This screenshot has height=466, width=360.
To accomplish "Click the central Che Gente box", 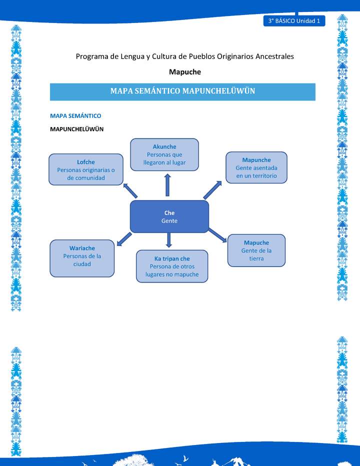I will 169,216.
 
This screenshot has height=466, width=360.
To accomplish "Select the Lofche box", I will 86,169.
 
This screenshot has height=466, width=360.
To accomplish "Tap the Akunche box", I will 164,154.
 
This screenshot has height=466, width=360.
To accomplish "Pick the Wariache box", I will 82,258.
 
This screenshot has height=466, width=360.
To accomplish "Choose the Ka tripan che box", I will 172,266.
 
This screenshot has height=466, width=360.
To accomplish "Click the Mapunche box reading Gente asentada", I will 256,167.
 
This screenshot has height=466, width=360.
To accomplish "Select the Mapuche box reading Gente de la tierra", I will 256,250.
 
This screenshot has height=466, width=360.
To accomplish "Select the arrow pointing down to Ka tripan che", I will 168,239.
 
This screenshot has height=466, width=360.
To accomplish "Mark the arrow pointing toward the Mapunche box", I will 212,190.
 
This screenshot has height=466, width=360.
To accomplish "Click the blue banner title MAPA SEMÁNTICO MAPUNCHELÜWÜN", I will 182,91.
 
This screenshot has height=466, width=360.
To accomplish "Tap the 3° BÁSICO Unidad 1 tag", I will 294,21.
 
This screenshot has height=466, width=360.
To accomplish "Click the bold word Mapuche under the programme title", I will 184,71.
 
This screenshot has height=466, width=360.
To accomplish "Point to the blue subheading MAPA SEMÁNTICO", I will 75,116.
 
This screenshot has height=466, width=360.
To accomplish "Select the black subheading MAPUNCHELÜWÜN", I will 76,129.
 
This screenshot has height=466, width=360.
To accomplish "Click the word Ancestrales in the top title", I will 274,56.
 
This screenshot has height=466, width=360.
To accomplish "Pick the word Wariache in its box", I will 82,248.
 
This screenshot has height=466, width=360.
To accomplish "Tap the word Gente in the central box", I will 169,221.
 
